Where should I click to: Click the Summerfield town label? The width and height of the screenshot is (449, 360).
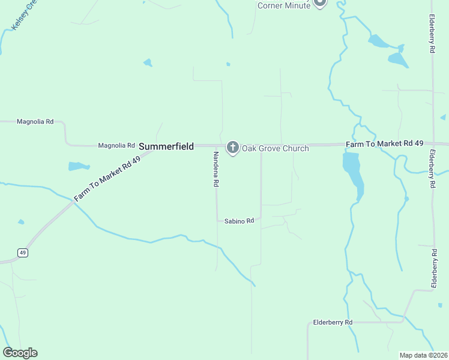166,146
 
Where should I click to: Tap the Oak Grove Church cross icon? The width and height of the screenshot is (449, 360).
233,147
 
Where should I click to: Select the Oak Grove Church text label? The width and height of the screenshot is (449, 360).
275,148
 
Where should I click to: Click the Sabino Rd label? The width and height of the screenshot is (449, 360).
240,221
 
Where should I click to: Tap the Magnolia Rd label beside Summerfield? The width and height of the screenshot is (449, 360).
116,145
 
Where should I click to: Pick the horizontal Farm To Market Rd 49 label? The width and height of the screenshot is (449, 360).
385,144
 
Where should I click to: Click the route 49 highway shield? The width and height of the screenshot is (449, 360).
23,253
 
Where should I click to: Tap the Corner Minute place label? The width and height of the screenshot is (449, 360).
284,6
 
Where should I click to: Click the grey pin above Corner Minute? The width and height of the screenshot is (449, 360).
320,2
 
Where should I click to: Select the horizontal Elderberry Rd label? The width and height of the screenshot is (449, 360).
333,322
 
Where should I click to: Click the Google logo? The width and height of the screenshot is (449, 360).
20,353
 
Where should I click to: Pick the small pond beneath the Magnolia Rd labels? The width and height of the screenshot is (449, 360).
79,166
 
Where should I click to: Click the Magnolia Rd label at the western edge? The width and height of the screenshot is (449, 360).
35,121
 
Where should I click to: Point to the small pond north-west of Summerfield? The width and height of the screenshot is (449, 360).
148,62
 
